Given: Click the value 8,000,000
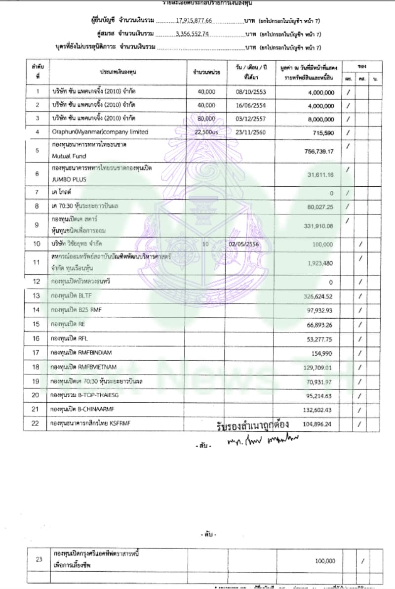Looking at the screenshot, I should click(320, 119).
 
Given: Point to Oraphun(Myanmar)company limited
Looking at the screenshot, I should click(99, 132).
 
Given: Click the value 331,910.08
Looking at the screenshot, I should click(317, 226).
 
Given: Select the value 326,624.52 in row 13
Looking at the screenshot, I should click(317, 296).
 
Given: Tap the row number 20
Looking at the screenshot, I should click(36, 395).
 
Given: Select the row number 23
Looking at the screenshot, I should click(39, 560).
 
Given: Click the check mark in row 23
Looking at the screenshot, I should click(363, 561).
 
